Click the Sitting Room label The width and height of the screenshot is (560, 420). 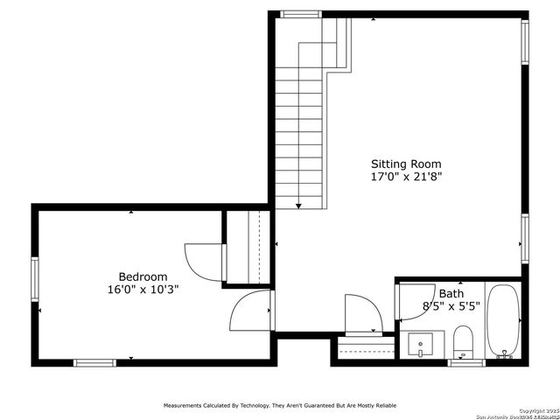(405, 164)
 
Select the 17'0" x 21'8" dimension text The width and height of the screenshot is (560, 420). (405, 176)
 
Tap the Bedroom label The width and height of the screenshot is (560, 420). (143, 277)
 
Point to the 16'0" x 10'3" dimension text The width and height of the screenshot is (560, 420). (143, 290)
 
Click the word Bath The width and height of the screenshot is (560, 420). (451, 294)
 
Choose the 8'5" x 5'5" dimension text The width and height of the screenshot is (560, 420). (451, 307)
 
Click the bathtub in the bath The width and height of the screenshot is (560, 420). (503, 321)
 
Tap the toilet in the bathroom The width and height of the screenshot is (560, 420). (463, 341)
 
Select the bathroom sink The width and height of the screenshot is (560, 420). (420, 343)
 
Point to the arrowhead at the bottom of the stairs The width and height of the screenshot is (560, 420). (298, 206)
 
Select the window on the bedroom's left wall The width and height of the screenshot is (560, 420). (36, 278)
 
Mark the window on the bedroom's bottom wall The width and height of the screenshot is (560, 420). (94, 362)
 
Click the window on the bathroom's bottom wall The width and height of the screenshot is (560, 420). (465, 362)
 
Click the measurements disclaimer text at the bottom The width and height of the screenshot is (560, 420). (279, 405)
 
